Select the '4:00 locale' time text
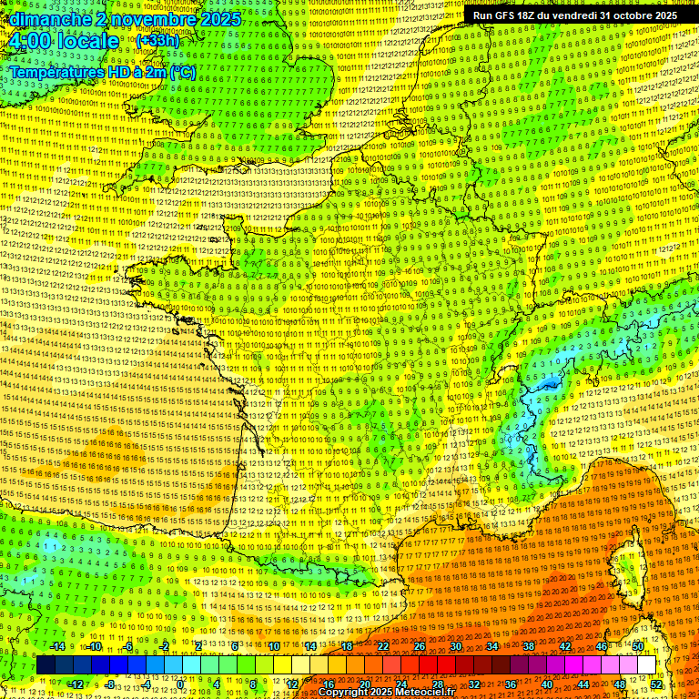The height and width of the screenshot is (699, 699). click(x=63, y=41)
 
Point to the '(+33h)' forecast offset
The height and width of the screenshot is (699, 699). click(x=157, y=42)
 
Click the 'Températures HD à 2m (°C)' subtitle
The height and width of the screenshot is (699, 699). click(x=102, y=72)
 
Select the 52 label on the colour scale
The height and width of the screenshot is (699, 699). click(x=656, y=684)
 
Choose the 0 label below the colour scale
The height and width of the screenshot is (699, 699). click(x=181, y=684)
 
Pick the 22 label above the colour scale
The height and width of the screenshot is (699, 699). click(x=383, y=646)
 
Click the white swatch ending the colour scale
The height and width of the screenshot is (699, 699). click(x=646, y=665)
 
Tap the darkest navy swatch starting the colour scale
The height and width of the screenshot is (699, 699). click(x=46, y=665)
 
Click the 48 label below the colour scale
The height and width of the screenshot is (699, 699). click(x=620, y=684)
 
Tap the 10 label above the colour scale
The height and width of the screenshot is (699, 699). click(x=273, y=646)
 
